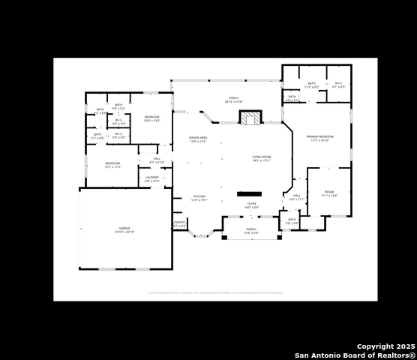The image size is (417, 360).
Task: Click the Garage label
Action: click(x=124, y=229)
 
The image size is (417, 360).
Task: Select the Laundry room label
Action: click(x=151, y=179)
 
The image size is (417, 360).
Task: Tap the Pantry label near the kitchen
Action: click(x=179, y=223)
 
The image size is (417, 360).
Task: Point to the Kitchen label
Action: click(x=199, y=199)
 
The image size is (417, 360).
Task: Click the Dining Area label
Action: click(x=198, y=139)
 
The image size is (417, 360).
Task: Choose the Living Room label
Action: click(x=261, y=158)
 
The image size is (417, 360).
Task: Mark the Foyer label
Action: click(x=252, y=205)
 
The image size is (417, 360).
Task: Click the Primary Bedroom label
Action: click(x=319, y=138)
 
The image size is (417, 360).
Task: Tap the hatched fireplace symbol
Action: click(x=250, y=118)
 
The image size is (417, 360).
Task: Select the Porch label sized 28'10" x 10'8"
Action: click(x=233, y=99)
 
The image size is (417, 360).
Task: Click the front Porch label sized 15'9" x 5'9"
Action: click(x=251, y=231)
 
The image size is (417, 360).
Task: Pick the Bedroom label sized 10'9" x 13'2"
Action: click(x=152, y=118)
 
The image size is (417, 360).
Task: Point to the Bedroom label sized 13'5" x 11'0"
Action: click(x=112, y=164)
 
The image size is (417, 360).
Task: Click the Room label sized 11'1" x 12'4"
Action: click(x=329, y=193)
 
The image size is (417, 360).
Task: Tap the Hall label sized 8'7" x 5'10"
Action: click(x=157, y=160)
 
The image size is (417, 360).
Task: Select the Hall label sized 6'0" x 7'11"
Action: click(x=297, y=197)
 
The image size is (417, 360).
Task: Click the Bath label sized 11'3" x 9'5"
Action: click(x=311, y=85)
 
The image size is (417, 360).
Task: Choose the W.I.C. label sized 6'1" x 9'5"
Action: click(x=338, y=85)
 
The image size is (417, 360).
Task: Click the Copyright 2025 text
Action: click(x=385, y=346)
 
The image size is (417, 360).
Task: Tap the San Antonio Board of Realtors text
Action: click(x=355, y=355)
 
